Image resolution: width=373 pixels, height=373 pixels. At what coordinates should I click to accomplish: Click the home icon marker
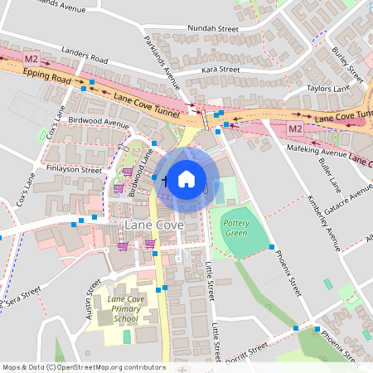click(x=186, y=178)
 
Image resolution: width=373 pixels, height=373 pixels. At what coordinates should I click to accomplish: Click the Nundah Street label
click(x=213, y=28)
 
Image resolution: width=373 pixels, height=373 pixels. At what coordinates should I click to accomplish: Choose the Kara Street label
click(x=220, y=70)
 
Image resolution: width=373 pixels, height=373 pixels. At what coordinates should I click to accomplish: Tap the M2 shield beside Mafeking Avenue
click(x=295, y=128)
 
